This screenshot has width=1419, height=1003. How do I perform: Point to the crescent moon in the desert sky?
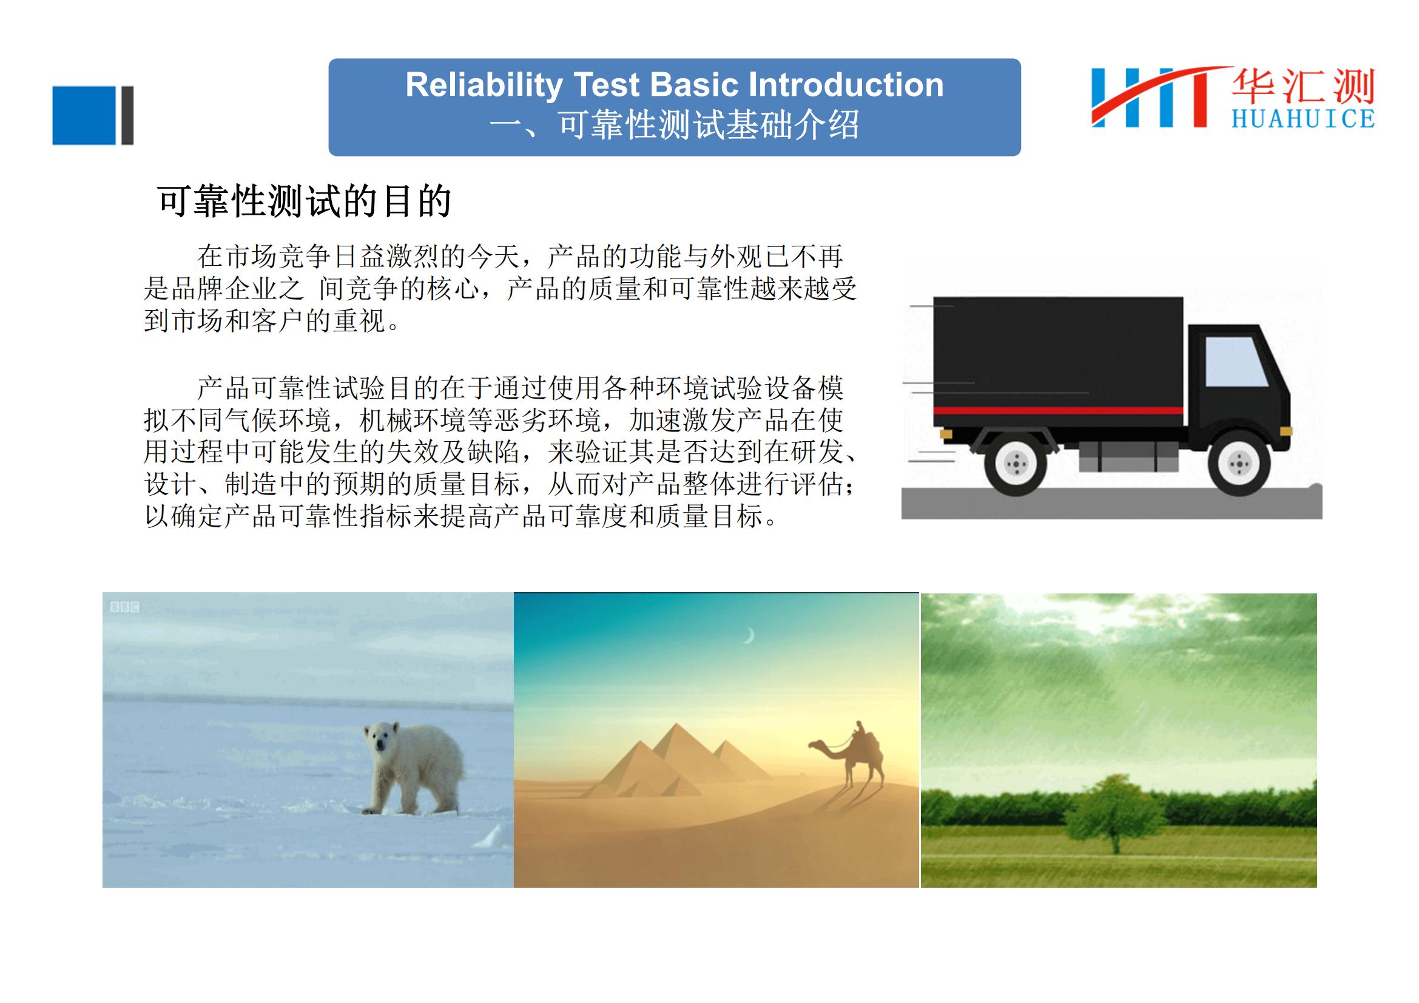coord(750,635)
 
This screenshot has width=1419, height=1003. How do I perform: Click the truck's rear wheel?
coord(1016,464)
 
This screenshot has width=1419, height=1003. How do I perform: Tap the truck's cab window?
coord(1236,362)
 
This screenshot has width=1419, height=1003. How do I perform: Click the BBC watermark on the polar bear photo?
coord(124,607)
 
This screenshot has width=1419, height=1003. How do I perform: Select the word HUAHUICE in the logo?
coord(1303,118)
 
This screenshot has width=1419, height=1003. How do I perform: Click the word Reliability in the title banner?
coord(484,86)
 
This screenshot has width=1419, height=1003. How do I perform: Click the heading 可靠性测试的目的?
coord(305,201)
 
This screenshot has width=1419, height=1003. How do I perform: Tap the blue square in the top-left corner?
coord(85,115)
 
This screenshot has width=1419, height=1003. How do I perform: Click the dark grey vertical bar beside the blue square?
coord(127,115)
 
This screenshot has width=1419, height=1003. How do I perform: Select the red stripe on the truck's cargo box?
coord(1058,410)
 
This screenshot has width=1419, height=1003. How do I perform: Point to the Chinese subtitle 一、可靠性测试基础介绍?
coord(674,125)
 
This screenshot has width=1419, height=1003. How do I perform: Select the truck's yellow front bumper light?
coord(1286,431)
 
